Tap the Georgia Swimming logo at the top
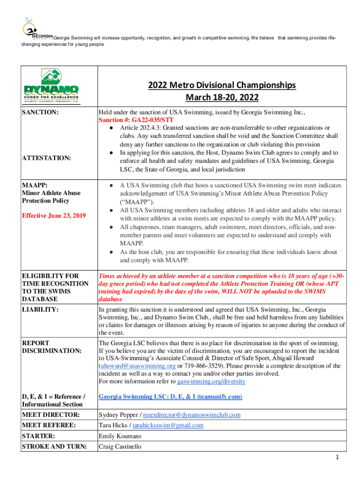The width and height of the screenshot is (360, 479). [36, 30]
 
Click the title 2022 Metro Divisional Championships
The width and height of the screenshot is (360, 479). [222, 85]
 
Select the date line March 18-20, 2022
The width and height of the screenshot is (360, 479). [222, 98]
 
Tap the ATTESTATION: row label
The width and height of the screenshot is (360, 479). [47, 159]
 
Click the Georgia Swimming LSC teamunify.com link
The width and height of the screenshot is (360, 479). [170, 397]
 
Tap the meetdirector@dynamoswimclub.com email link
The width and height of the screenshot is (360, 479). [192, 415]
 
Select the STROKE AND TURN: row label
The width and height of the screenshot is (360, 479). [55, 447]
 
